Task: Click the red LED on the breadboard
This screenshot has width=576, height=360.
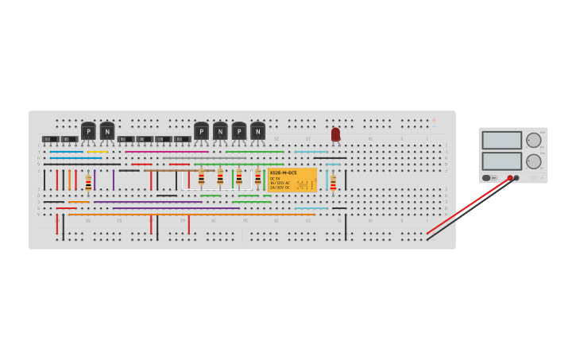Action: [x=335, y=134]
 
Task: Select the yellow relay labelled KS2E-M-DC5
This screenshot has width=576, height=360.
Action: [x=292, y=180]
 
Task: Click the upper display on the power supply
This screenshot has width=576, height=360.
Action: [x=501, y=141]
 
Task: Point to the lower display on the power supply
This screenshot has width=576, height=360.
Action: [x=501, y=161]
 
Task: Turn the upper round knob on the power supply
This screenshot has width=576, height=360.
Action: [x=533, y=141]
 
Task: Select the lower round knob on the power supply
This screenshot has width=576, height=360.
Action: [x=533, y=161]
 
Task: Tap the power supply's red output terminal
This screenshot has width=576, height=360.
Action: [x=510, y=178]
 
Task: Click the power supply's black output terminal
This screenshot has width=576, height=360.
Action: [x=516, y=178]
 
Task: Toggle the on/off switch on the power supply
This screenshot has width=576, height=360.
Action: [x=486, y=178]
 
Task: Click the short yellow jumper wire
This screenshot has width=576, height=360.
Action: [x=98, y=152]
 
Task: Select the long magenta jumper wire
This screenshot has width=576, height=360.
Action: [x=167, y=152]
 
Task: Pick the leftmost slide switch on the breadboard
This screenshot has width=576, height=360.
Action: [x=50, y=139]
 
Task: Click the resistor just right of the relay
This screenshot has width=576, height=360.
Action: [x=333, y=183]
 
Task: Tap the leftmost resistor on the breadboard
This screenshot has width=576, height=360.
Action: [x=88, y=182]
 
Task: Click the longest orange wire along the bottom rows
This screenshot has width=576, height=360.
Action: [x=191, y=215]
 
